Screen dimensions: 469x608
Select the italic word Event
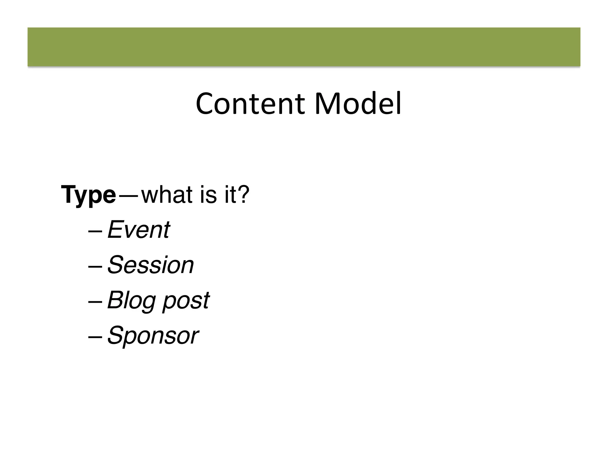click(x=139, y=230)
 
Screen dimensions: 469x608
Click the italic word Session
click(x=151, y=265)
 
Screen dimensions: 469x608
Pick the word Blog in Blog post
click(x=131, y=300)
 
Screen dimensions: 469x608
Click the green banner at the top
click(x=304, y=47)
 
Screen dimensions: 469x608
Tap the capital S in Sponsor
click(x=115, y=335)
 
